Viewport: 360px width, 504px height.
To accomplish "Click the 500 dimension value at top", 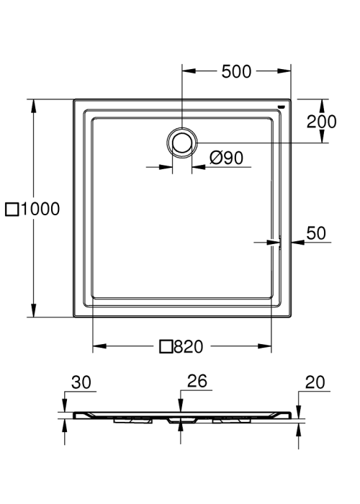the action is [236, 72].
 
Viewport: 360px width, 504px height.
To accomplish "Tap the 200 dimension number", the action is [321, 122].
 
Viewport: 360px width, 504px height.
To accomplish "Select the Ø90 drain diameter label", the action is [226, 158].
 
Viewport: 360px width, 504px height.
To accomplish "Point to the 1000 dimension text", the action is [40, 209].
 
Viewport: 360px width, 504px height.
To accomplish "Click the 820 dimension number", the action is [189, 346].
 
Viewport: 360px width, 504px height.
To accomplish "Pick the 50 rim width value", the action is [316, 233].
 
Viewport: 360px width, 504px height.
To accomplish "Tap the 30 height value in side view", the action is [81, 382].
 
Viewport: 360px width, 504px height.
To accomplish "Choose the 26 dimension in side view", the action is [197, 381].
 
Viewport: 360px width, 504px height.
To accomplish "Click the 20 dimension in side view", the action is [315, 382].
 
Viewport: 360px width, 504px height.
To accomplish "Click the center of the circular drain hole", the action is [182, 143].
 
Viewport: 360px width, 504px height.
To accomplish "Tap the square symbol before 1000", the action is [12, 210].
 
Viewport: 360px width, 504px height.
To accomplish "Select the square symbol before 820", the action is [166, 346].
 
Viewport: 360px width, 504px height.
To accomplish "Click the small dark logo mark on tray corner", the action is [282, 107].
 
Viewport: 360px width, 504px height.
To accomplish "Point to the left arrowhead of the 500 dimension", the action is [189, 71].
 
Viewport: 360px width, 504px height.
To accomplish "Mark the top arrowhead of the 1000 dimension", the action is [33, 106].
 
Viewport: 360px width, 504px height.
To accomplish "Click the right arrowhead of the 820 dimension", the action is [264, 346].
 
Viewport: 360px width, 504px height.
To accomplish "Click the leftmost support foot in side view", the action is [132, 420].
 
